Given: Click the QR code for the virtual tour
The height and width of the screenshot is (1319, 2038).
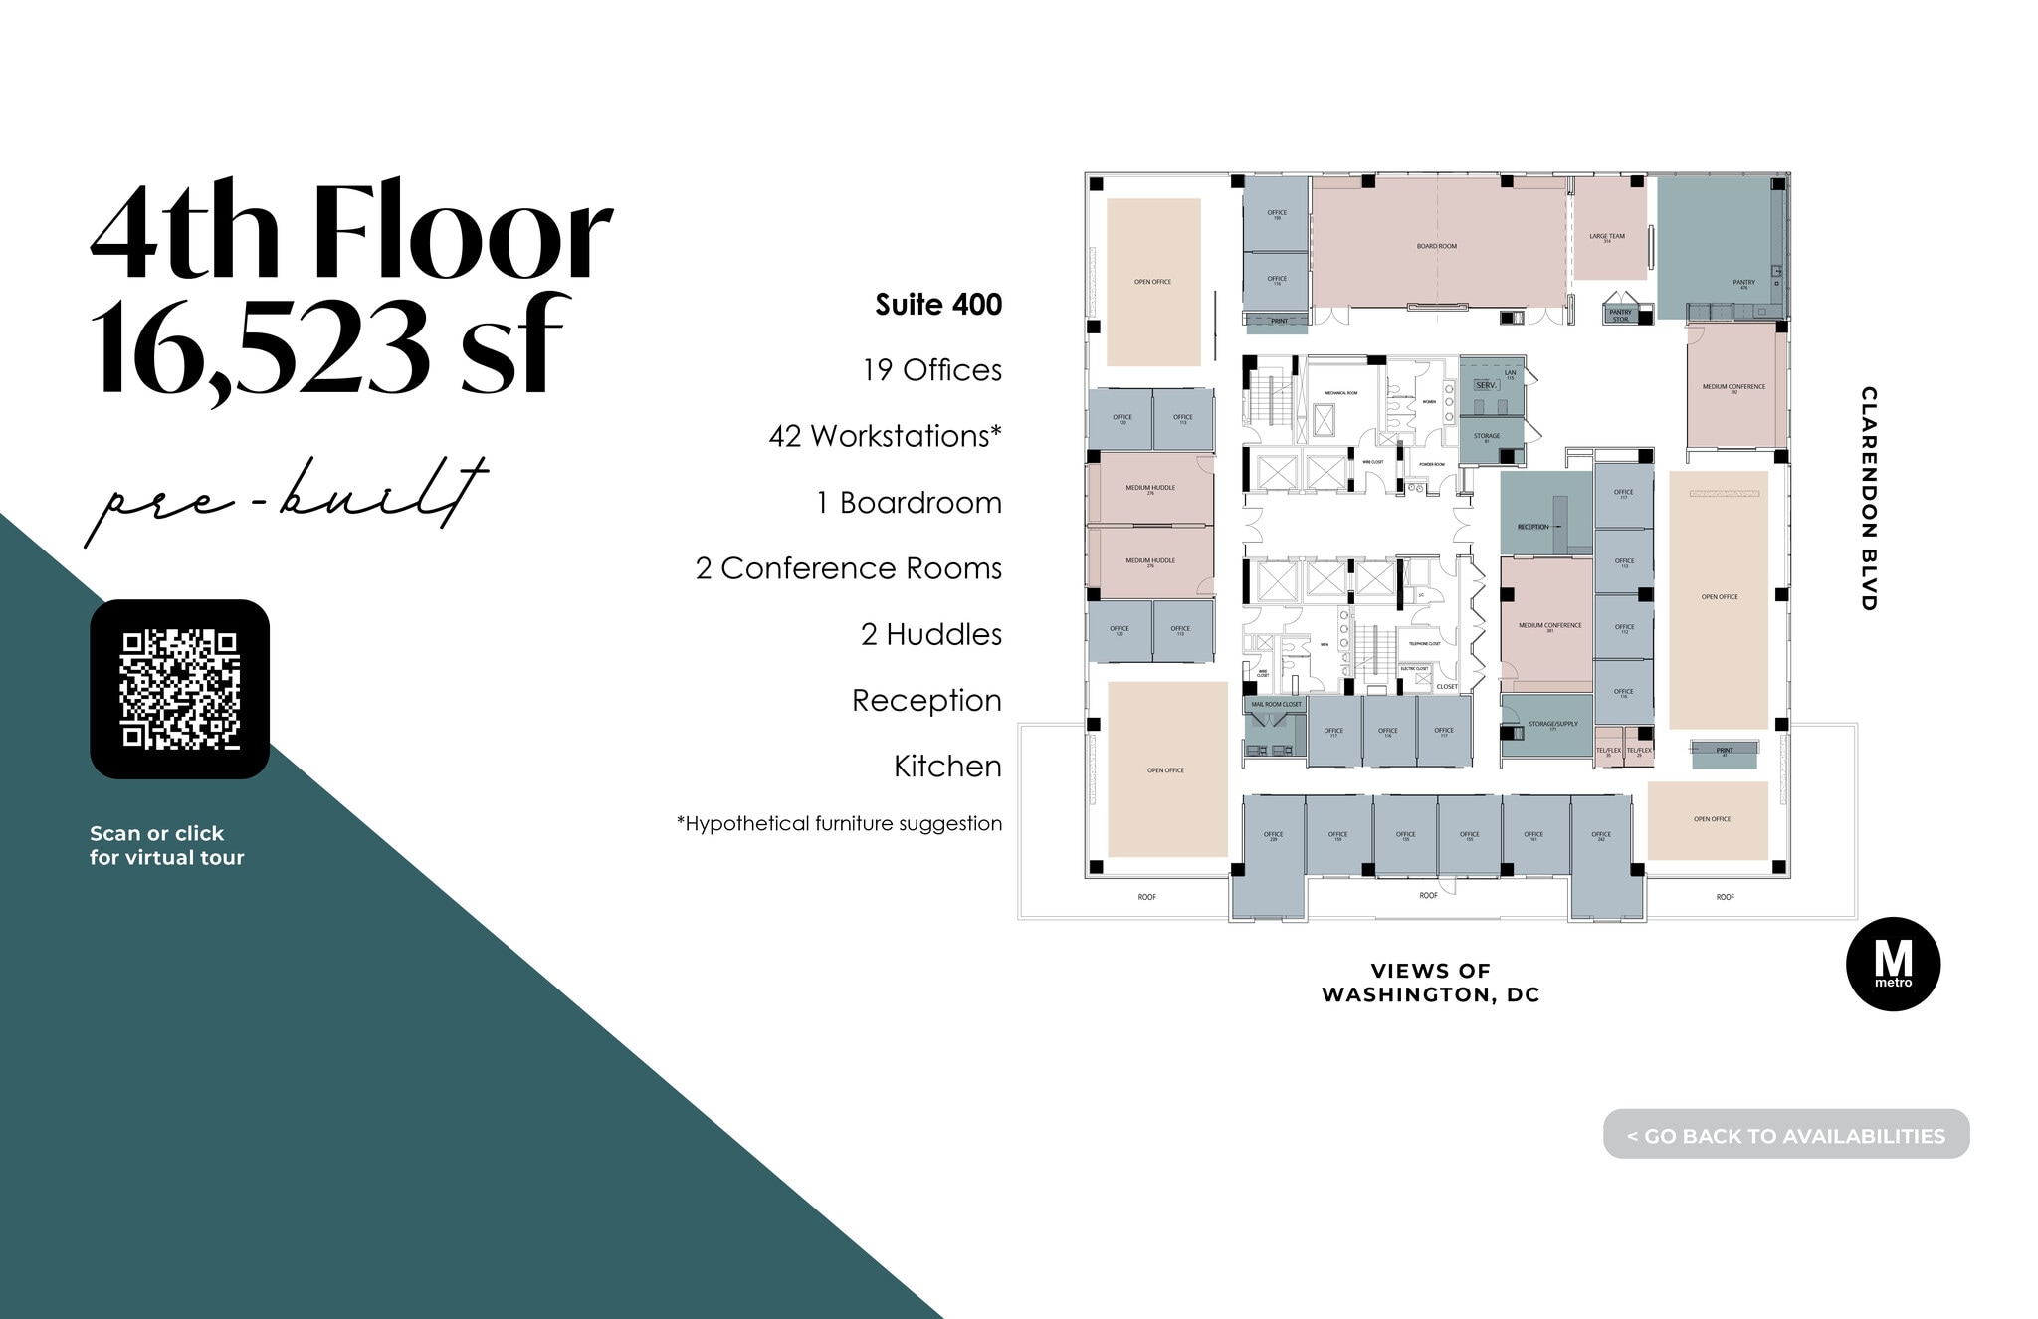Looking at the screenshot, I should point(179,689).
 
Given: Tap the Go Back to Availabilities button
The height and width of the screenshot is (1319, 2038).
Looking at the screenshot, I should point(1785,1135).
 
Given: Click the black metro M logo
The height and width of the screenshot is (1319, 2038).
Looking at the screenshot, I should point(1892,964).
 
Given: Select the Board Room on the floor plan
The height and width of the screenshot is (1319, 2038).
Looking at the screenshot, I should point(1436,245).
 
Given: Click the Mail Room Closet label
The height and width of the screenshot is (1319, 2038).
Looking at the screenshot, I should point(1276,704).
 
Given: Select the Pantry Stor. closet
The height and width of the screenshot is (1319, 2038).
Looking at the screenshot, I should point(1620,314).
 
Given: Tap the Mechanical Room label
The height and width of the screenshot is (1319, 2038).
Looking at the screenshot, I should point(1340,393).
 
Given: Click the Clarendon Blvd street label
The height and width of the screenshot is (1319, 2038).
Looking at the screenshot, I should point(1868,499).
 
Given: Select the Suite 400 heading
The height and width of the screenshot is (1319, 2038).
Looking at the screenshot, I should point(937,305).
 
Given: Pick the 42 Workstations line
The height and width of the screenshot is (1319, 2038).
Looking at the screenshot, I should point(884,436).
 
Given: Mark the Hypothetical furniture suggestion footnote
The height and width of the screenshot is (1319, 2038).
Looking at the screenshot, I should point(839,824).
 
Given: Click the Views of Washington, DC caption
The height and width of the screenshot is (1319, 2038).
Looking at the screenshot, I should point(1430,983).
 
